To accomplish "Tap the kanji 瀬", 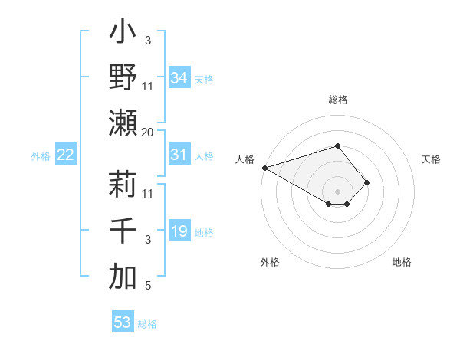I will (123, 123).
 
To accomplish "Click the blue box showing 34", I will (179, 78).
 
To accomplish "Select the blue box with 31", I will (179, 155).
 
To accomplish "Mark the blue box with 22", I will (66, 155).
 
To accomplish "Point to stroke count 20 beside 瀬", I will (147, 132).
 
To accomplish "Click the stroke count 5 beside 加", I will (147, 286).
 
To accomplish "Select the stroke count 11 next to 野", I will (147, 86).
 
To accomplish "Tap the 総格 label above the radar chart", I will (337, 100).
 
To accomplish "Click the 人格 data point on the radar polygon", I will (264, 168).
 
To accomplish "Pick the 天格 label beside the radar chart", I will (432, 159).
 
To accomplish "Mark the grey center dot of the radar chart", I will (337, 191).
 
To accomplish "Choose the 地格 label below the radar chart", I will (402, 262).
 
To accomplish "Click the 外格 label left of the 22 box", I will (41, 156).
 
